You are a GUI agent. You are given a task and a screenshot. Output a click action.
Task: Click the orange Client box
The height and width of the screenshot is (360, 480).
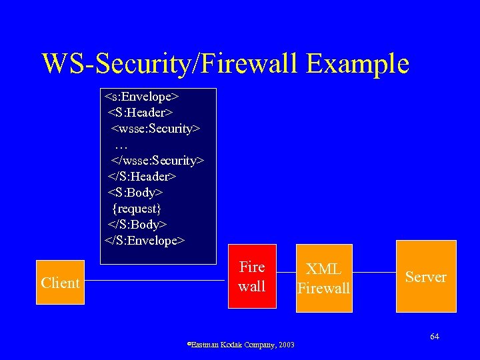tap(60, 283)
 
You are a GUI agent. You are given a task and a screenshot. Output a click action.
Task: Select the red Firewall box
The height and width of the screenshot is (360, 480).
tap(252, 277)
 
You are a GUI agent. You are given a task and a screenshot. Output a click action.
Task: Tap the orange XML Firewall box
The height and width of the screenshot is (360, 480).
tap(323, 279)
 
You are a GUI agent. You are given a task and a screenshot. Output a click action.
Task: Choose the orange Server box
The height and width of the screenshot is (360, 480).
tap(426, 277)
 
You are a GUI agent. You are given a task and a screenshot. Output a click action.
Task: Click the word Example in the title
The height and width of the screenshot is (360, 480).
tap(358, 63)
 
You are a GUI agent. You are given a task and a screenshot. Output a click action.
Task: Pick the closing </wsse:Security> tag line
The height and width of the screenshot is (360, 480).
tap(157, 160)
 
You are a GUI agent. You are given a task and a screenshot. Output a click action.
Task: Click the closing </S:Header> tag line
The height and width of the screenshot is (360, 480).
tap(142, 176)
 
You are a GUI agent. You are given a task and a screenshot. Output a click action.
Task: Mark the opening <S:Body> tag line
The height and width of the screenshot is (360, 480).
tap(136, 192)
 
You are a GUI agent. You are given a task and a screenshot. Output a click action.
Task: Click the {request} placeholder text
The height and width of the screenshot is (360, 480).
tap(137, 208)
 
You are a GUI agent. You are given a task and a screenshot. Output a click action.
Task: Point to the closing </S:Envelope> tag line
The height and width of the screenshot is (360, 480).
tap(145, 240)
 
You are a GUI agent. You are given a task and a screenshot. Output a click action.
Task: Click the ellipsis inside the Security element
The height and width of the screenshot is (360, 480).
tap(121, 144)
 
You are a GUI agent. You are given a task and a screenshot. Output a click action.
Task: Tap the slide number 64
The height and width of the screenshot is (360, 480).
tap(435, 337)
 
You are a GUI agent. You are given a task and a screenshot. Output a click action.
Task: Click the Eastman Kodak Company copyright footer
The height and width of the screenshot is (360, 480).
tap(241, 344)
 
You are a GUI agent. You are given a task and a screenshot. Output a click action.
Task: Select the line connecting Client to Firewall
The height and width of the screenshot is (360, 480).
tap(156, 281)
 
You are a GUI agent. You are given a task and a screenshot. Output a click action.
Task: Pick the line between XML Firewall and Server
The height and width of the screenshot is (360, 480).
tap(375, 273)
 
